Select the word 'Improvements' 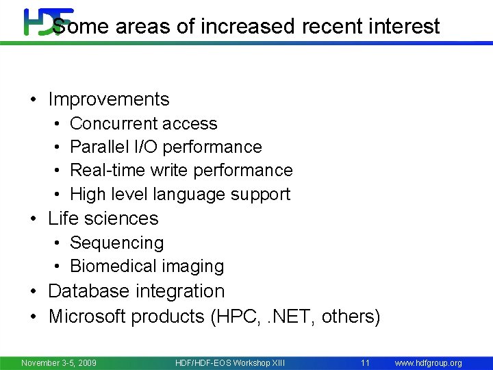pyautogui.click(x=109, y=99)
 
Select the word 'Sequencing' pyautogui.click(x=117, y=243)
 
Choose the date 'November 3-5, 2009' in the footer pyautogui.click(x=59, y=362)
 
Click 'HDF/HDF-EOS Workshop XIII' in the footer pyautogui.click(x=230, y=362)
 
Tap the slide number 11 pyautogui.click(x=365, y=362)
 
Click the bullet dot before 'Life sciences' pyautogui.click(x=34, y=219)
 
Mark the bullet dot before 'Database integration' pyautogui.click(x=34, y=292)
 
